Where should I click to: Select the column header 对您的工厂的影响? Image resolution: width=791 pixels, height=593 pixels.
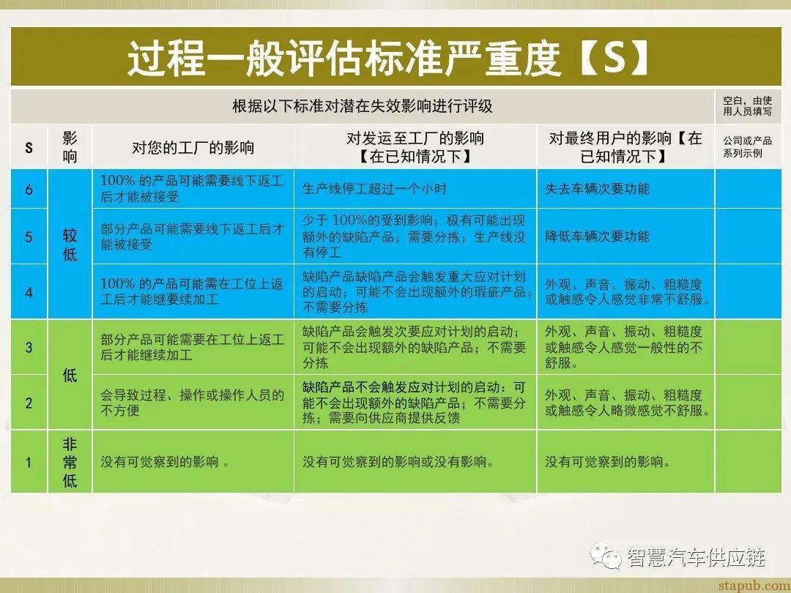pyautogui.click(x=193, y=147)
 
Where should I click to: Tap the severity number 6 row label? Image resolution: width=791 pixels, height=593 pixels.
pyautogui.click(x=29, y=190)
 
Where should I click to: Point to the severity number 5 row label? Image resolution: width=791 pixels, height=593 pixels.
pyautogui.click(x=29, y=236)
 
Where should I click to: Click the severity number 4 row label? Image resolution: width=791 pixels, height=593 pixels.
pyautogui.click(x=29, y=292)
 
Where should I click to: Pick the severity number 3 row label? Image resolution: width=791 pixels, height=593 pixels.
pyautogui.click(x=29, y=347)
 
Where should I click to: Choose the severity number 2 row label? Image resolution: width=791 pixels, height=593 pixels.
pyautogui.click(x=29, y=403)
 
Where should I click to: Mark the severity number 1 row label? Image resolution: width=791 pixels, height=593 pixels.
pyautogui.click(x=29, y=462)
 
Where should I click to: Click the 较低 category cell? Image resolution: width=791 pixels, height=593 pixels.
pyautogui.click(x=70, y=245)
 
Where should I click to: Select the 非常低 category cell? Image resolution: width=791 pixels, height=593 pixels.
pyautogui.click(x=70, y=462)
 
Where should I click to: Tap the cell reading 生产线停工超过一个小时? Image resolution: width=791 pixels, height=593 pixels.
pyautogui.click(x=374, y=189)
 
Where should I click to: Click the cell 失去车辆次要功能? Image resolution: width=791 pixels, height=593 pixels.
pyautogui.click(x=597, y=189)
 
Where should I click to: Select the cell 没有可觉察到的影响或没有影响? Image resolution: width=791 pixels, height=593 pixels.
pyautogui.click(x=398, y=462)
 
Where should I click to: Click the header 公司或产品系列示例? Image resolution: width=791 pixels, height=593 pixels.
pyautogui.click(x=747, y=146)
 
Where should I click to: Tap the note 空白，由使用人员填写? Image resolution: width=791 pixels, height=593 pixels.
pyautogui.click(x=747, y=106)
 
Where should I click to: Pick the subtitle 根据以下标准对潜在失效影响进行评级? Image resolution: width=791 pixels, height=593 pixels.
pyautogui.click(x=362, y=106)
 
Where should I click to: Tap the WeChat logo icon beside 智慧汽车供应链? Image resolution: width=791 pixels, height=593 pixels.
pyautogui.click(x=606, y=557)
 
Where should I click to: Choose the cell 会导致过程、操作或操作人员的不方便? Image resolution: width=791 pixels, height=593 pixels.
pyautogui.click(x=192, y=403)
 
